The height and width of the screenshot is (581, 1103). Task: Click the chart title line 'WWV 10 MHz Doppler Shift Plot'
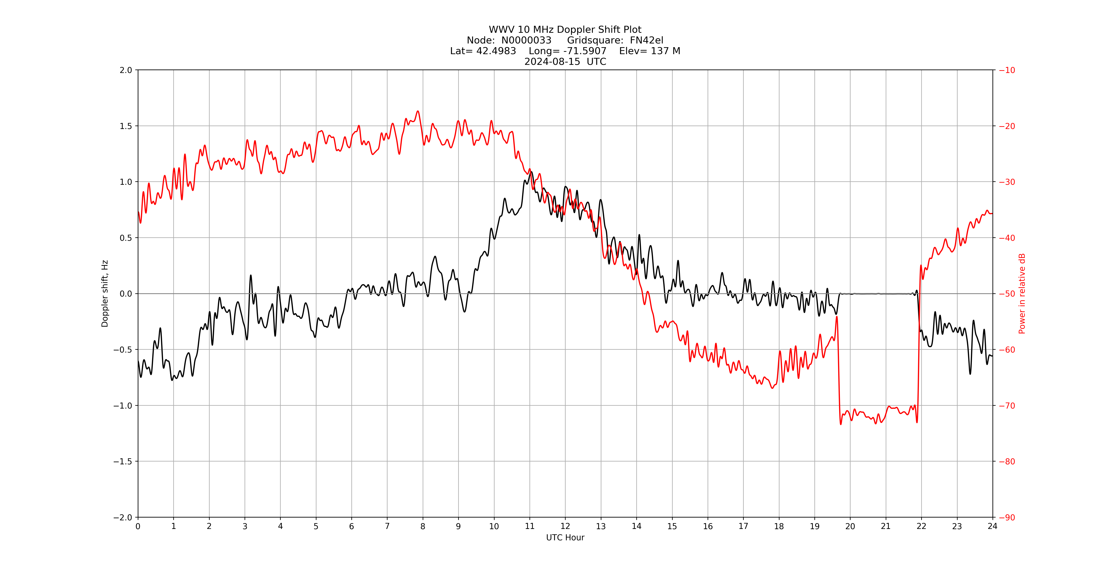coord(565,30)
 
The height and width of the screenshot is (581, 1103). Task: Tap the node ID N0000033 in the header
coord(526,40)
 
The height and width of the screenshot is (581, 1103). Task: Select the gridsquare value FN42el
coord(646,40)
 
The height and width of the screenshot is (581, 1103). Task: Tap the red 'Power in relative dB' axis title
coord(1022,294)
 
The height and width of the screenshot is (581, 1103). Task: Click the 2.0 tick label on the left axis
coord(126,70)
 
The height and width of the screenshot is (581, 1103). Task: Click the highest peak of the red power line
coord(418,111)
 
